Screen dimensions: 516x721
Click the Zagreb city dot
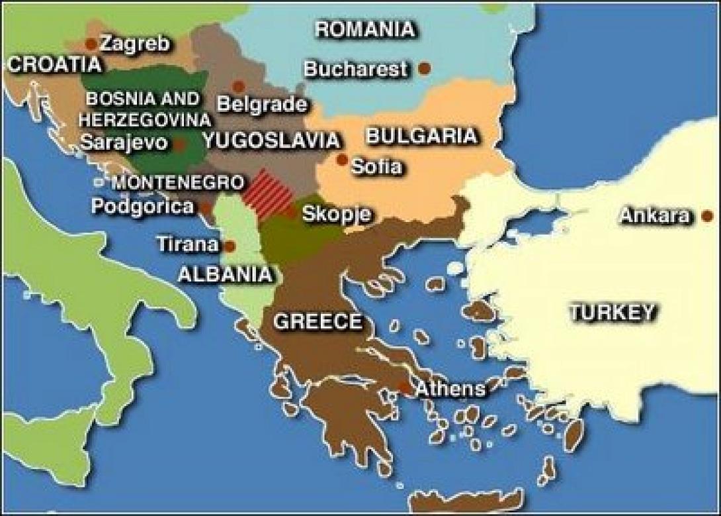point(91,44)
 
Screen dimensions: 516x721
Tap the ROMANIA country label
point(365,29)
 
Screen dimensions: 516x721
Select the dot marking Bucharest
point(425,68)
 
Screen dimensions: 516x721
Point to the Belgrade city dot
point(239,86)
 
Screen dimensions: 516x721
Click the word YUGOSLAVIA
point(272,140)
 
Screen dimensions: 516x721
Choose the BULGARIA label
point(421,136)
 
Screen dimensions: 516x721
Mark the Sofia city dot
point(342,160)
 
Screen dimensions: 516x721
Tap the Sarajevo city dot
point(179,143)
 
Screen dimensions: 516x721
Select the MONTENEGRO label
point(178,182)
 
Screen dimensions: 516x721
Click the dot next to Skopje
point(291,213)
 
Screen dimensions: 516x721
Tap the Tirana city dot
point(230,246)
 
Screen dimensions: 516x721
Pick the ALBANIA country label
point(225,274)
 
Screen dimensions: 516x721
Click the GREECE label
point(318,323)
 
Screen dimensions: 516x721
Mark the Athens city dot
point(404,389)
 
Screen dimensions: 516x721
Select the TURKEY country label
point(613,312)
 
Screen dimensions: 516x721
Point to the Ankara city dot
point(707,216)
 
